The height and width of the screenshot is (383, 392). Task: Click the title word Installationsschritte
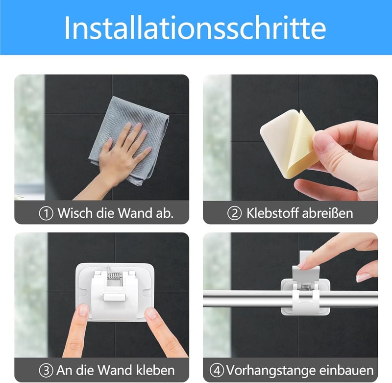(x=195, y=27)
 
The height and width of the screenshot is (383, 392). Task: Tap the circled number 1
(x=46, y=213)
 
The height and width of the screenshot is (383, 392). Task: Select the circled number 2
(x=234, y=213)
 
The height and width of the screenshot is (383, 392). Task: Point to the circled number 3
(x=46, y=370)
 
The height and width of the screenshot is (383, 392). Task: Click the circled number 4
(x=217, y=370)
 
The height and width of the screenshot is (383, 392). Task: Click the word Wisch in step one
(x=75, y=213)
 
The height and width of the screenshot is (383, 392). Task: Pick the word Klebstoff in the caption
(x=272, y=213)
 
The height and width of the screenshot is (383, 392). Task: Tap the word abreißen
(x=327, y=213)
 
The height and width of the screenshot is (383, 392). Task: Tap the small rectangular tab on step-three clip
(x=114, y=298)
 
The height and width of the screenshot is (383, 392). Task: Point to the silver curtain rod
(x=290, y=299)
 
